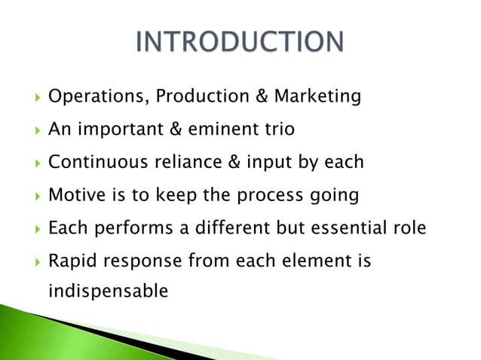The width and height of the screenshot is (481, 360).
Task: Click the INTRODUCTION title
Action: tap(239, 43)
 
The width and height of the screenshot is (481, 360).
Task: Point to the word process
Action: tap(268, 195)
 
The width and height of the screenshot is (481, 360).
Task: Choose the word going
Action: tap(332, 196)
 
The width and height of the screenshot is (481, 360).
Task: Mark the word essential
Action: tap(354, 227)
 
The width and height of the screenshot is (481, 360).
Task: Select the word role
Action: tap(411, 227)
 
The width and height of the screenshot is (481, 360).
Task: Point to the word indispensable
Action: tap(108, 290)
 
